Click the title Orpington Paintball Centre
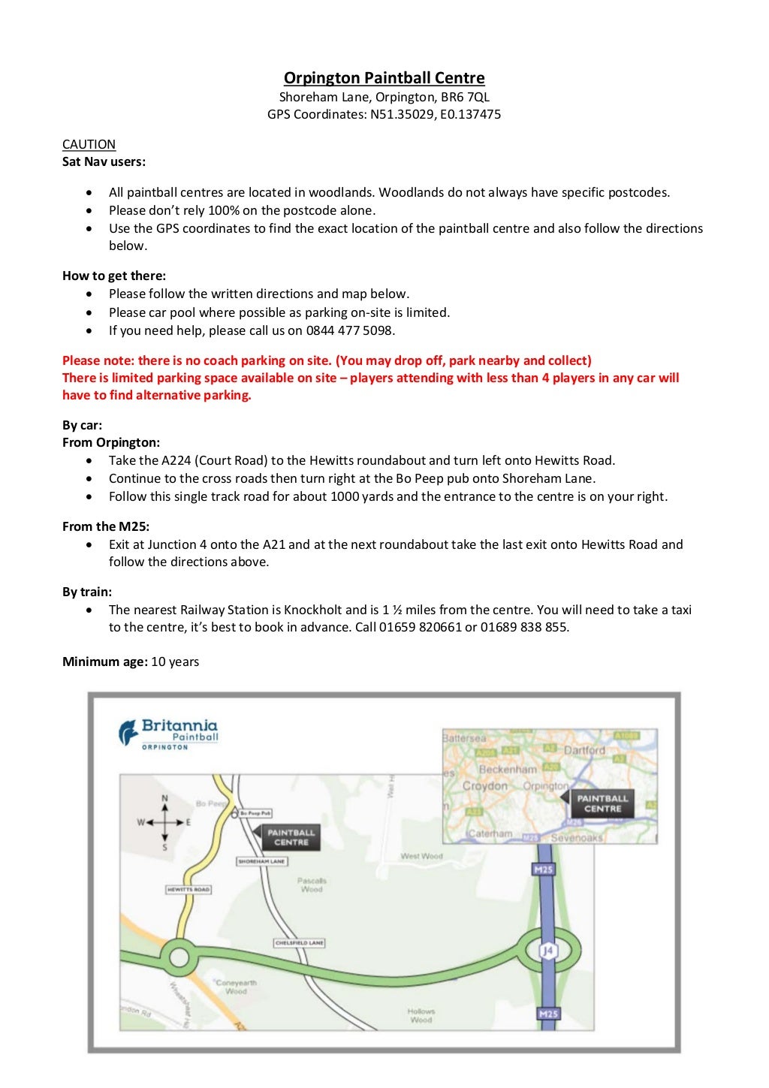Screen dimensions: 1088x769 (384, 78)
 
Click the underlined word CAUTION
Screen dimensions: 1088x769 (89, 144)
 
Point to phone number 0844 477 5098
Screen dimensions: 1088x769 (350, 330)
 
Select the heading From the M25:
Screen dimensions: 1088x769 (106, 526)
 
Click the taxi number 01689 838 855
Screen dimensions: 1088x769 (524, 627)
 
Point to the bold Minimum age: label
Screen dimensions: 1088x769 (105, 662)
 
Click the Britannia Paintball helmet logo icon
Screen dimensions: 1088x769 (128, 732)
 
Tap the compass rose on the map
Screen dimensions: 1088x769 (164, 822)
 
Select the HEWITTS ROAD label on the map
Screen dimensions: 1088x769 (188, 889)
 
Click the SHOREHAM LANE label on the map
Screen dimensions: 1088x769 (261, 861)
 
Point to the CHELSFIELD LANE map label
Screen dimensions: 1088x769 (299, 942)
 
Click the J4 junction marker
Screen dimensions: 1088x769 (548, 951)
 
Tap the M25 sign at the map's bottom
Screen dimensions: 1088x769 (548, 1014)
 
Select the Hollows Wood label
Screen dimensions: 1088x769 (421, 1016)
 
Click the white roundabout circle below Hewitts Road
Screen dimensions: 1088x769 (179, 957)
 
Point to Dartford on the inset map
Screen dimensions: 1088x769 (584, 750)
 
